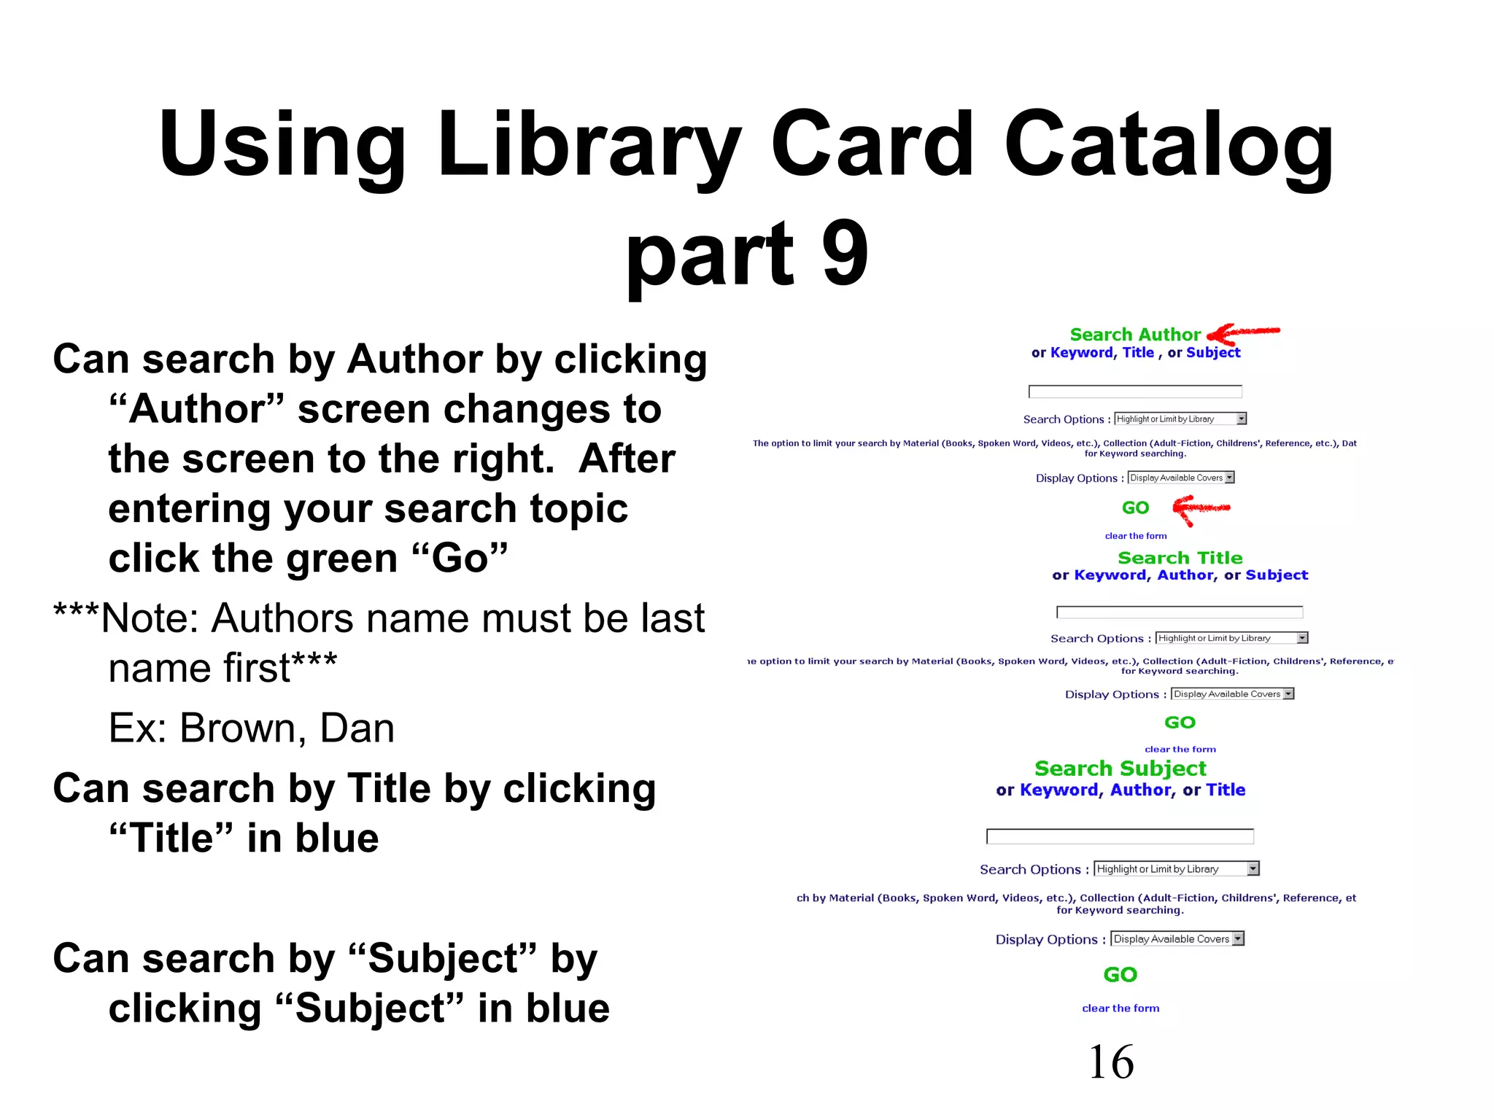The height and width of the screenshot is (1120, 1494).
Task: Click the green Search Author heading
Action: (x=1134, y=335)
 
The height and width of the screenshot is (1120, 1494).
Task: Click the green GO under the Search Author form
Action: (x=1135, y=508)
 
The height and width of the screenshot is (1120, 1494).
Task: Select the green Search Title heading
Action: (x=1180, y=558)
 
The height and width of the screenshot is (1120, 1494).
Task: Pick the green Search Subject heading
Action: (x=1120, y=769)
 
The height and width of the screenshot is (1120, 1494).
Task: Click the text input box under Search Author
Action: (x=1134, y=392)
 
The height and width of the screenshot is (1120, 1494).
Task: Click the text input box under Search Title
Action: (x=1179, y=612)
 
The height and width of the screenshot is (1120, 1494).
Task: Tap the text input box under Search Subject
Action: (x=1120, y=836)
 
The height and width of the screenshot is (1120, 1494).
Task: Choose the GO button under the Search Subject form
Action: (x=1120, y=975)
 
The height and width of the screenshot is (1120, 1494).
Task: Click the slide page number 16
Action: (x=1110, y=1062)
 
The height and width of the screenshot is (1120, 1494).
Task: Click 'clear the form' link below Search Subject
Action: (x=1120, y=1008)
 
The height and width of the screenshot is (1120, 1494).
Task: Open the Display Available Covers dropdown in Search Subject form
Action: (x=1177, y=939)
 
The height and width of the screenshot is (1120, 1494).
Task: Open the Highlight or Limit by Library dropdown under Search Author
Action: (x=1180, y=419)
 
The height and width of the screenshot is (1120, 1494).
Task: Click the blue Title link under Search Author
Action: (x=1138, y=353)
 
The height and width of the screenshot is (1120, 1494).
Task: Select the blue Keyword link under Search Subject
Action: (x=1058, y=790)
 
